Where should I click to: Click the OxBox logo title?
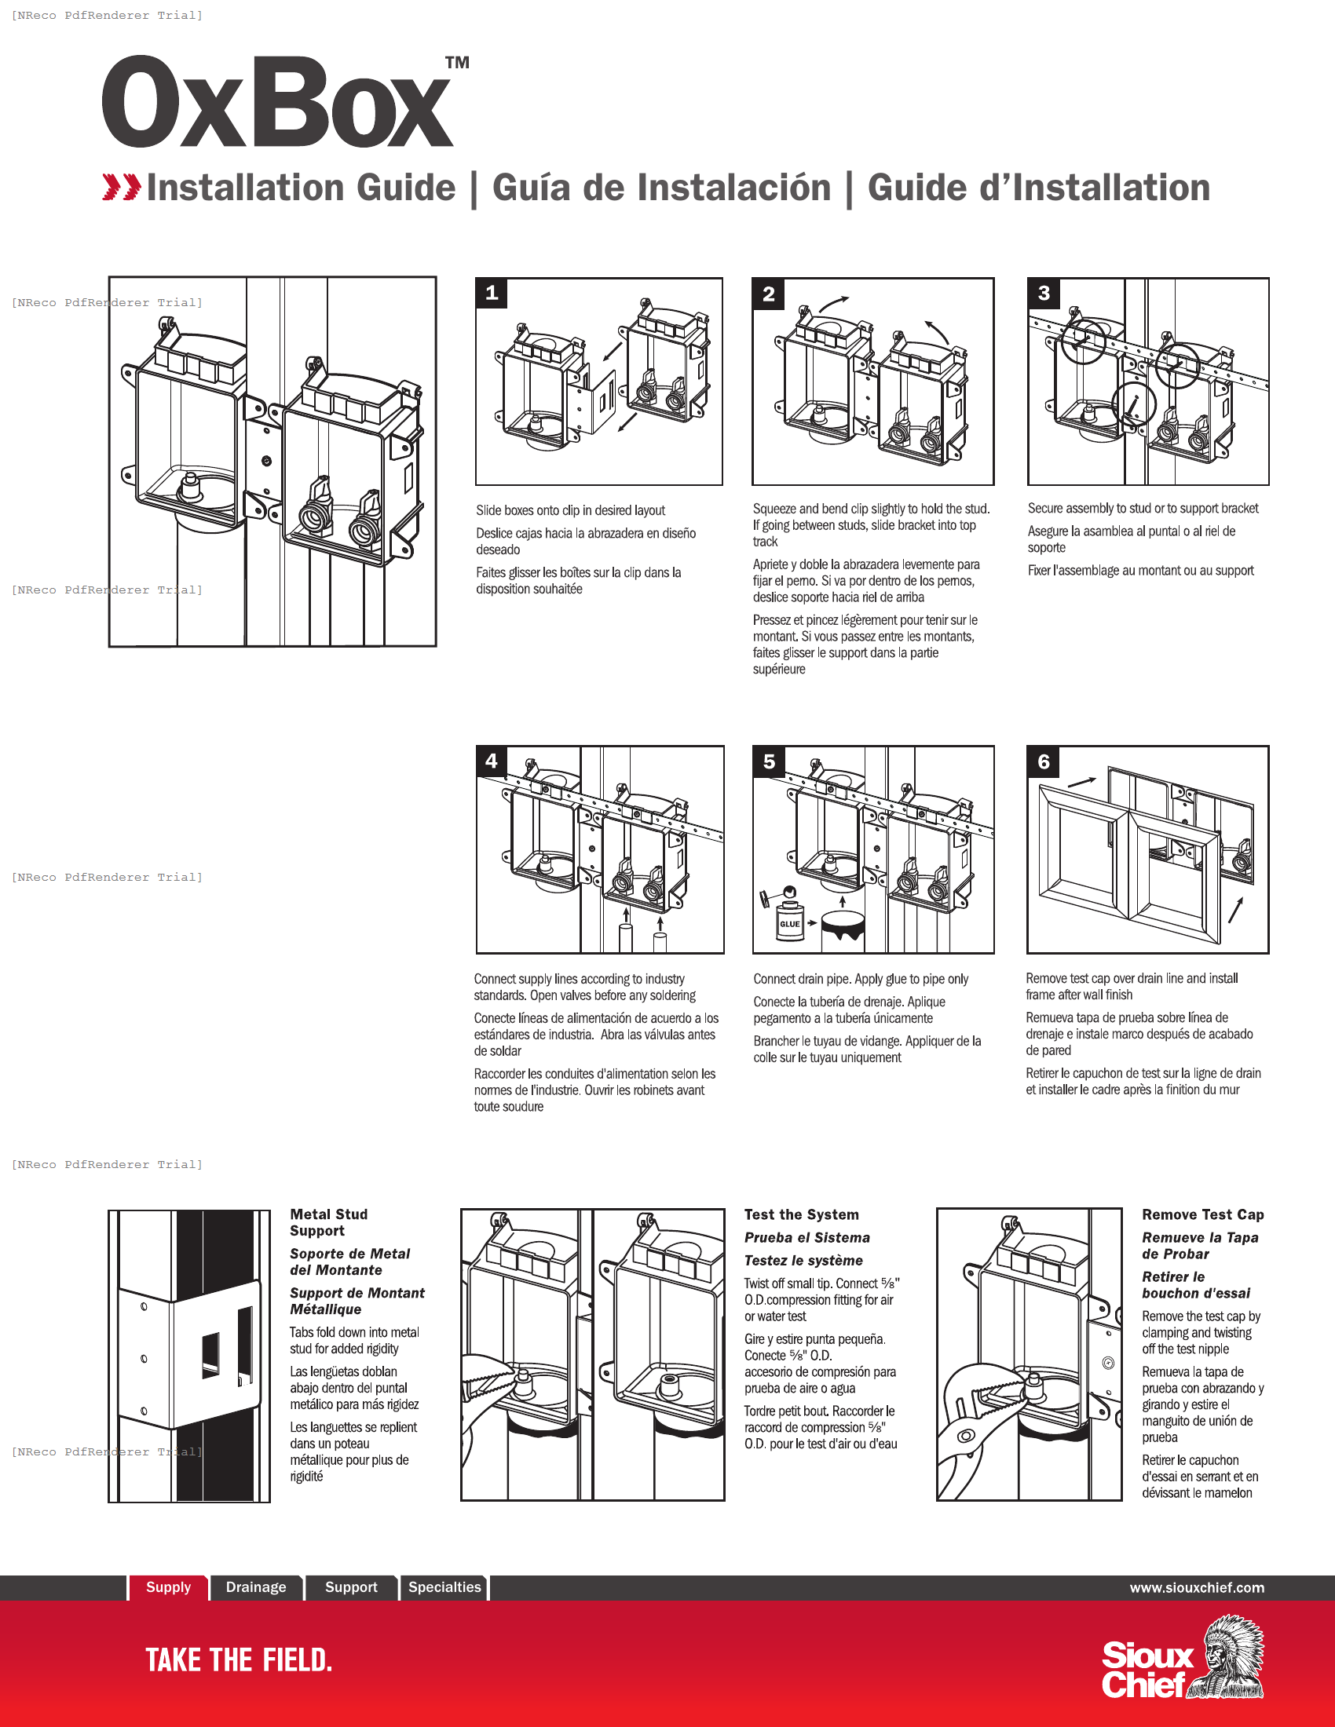[276, 103]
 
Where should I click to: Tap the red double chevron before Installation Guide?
[121, 188]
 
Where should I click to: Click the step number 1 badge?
[491, 294]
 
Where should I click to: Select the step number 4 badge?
[491, 761]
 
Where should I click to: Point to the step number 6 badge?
[1043, 761]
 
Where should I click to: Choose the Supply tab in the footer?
[168, 1587]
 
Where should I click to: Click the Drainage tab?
[255, 1587]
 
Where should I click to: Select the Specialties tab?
[444, 1587]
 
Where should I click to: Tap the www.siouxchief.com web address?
[1196, 1588]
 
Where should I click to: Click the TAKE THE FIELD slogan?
[238, 1659]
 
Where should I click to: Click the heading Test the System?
[800, 1214]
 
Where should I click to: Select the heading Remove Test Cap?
[1202, 1214]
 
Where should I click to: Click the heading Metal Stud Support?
[328, 1222]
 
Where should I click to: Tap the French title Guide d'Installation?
[1037, 188]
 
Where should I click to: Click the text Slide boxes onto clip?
[569, 511]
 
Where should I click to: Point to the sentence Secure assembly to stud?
[1142, 509]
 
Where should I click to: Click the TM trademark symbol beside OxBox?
[457, 63]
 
